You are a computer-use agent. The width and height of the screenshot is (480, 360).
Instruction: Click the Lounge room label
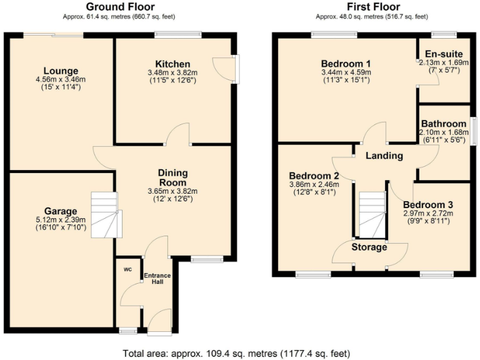coord(61,70)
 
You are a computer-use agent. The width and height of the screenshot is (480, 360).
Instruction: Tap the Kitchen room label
coord(172,64)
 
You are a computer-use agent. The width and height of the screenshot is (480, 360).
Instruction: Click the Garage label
coord(61,211)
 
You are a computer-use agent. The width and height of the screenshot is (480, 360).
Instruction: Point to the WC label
coord(127,269)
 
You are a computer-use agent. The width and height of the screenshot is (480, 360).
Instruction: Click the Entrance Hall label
coord(157,279)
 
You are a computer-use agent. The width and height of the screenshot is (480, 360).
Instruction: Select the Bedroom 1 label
coord(346,64)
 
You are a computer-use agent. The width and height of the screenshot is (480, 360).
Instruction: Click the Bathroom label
coord(443,124)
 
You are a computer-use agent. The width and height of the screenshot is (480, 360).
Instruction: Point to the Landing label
coord(384,156)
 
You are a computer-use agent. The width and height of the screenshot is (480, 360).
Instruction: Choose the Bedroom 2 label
coord(314,176)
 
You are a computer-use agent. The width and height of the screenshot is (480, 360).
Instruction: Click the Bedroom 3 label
coord(427,205)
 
